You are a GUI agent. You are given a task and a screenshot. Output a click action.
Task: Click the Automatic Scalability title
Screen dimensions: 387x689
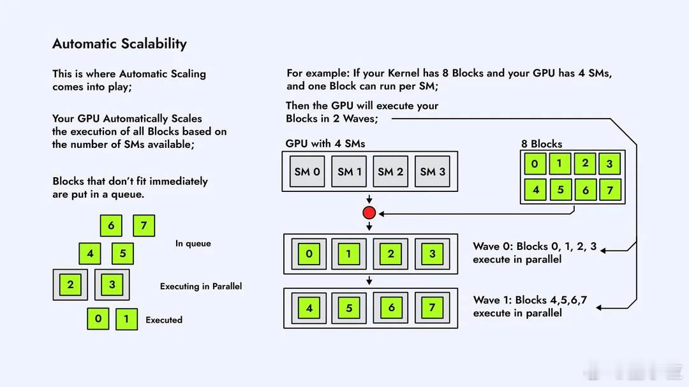pos(119,44)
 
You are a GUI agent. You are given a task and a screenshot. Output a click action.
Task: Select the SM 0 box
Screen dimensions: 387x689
pos(307,172)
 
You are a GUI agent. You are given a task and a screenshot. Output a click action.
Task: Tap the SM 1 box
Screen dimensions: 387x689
pos(350,172)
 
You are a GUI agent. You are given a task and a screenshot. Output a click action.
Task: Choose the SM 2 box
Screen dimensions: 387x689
pos(390,172)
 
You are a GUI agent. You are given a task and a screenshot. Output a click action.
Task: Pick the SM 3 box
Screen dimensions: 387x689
pos(433,172)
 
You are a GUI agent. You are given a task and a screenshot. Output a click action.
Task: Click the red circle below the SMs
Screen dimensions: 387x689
pos(369,213)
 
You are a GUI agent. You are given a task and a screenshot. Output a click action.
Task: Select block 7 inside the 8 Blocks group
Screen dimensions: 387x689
pos(610,189)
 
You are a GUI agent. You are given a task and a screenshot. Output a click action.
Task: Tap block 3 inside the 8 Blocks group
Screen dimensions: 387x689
pos(609,164)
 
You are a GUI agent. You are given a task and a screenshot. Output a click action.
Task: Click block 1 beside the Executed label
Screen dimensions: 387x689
pos(126,319)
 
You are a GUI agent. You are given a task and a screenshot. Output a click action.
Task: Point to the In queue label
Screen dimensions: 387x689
pos(193,244)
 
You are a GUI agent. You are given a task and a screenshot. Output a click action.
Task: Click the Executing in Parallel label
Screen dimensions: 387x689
pos(201,286)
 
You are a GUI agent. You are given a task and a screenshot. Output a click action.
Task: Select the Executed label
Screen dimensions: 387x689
pos(164,320)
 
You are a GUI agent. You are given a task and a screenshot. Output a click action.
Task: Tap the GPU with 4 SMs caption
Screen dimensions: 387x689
pos(325,143)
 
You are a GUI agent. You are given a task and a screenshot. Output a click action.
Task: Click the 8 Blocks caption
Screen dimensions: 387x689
pos(542,143)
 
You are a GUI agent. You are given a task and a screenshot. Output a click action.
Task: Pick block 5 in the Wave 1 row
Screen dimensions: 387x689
pos(349,308)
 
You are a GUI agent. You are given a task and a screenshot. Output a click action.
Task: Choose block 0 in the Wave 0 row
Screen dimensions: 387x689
pos(309,254)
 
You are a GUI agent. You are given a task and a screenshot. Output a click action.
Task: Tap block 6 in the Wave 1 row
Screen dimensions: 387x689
pos(391,308)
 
